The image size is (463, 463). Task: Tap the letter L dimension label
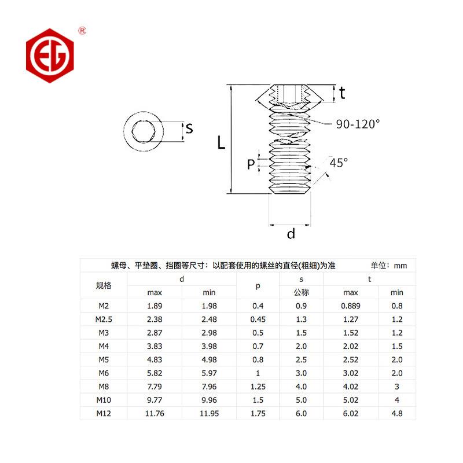click(221, 142)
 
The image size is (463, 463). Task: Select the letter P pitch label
click(251, 164)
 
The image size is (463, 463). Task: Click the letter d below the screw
click(291, 233)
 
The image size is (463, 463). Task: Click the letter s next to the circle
click(189, 128)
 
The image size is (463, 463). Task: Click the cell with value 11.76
click(155, 413)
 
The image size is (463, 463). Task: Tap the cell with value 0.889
click(351, 306)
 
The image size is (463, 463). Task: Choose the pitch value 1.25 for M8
click(258, 386)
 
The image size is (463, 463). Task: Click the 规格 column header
click(104, 285)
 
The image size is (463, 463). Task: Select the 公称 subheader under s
click(302, 292)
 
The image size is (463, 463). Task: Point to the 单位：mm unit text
click(389, 266)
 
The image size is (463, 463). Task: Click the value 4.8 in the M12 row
click(397, 413)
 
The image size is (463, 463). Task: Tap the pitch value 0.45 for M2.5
click(258, 319)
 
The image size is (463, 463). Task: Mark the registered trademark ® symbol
click(82, 30)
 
